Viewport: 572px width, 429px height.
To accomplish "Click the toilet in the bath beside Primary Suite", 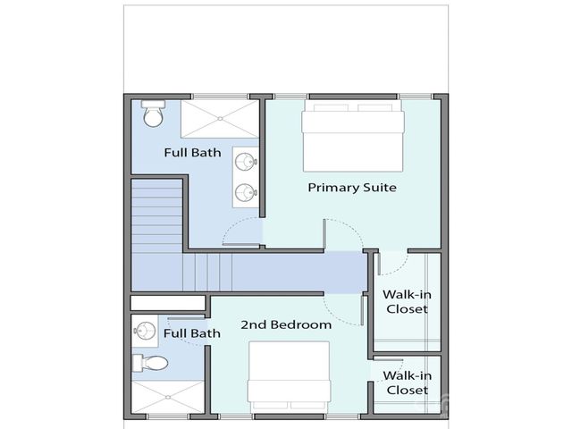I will pyautogui.click(x=152, y=114).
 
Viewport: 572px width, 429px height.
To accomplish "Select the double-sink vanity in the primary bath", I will pyautogui.click(x=246, y=176).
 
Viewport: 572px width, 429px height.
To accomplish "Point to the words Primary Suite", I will pyautogui.click(x=351, y=188).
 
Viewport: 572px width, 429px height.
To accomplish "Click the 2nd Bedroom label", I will pyautogui.click(x=286, y=324).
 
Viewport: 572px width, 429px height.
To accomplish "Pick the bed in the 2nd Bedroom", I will pyautogui.click(x=295, y=376).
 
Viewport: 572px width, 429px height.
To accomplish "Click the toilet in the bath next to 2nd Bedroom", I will pyautogui.click(x=149, y=363).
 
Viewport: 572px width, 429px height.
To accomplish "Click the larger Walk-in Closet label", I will pyautogui.click(x=405, y=301).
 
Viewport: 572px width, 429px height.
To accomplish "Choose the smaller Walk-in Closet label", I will pyautogui.click(x=405, y=383).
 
